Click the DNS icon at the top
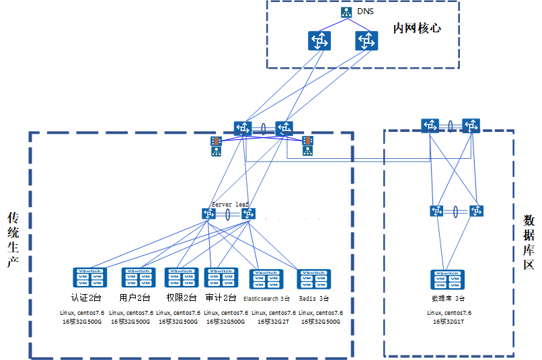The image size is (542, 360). [x=346, y=12]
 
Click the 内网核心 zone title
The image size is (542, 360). [x=417, y=29]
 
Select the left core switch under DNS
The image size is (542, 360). [x=320, y=40]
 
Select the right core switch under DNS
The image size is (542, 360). [x=366, y=40]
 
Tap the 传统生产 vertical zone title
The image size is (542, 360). [x=12, y=240]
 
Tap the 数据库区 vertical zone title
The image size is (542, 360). [x=529, y=243]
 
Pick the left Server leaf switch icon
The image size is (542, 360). [x=209, y=213]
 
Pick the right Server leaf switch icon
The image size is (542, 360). [x=249, y=213]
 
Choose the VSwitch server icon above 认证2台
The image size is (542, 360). [x=90, y=277]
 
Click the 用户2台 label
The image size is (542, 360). [x=134, y=297]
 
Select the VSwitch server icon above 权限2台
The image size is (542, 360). [x=182, y=277]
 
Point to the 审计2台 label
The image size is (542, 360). [x=221, y=297]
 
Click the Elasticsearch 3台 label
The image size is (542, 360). [x=266, y=298]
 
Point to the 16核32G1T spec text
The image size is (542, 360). [x=449, y=322]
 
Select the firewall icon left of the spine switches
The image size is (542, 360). [x=216, y=146]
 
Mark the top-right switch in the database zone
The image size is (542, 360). [x=471, y=125]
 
